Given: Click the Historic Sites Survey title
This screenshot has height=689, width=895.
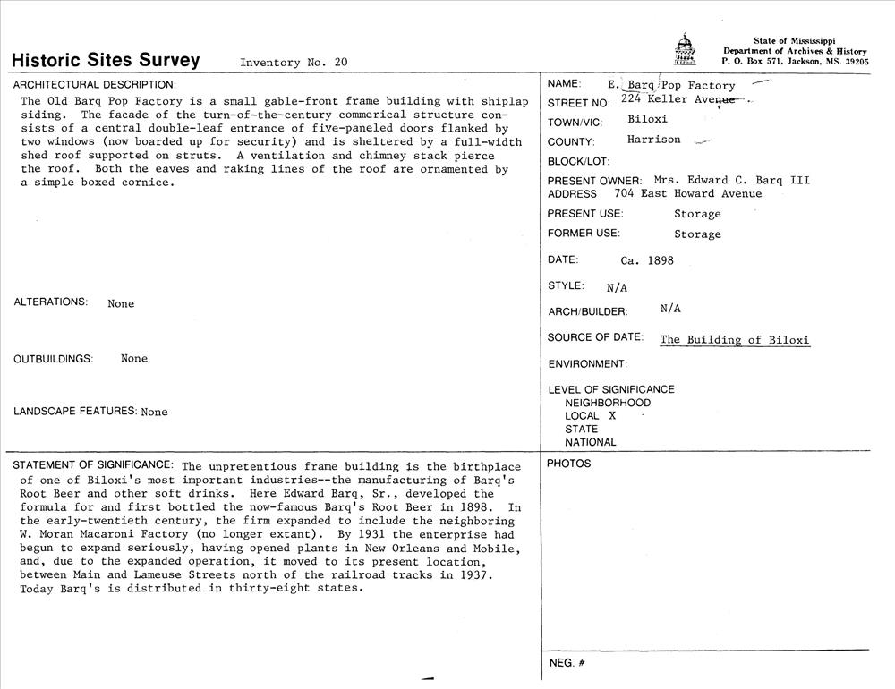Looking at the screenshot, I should [x=106, y=60].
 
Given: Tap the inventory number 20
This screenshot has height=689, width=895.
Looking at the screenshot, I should [x=340, y=63].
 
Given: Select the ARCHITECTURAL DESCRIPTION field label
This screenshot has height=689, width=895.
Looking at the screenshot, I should [x=94, y=85].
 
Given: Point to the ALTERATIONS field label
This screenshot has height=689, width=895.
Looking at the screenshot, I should [x=51, y=302].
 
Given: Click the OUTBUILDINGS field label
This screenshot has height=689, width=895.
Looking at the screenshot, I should [x=54, y=359].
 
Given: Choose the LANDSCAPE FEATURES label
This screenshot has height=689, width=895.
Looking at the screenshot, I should [x=75, y=412].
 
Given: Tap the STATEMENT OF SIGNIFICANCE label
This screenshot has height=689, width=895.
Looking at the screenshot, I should [x=93, y=464].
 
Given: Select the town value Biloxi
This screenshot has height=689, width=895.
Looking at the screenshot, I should [x=647, y=119].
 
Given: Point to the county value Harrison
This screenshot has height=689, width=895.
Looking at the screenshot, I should [x=653, y=140].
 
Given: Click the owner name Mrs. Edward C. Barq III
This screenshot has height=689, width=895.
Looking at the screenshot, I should [x=731, y=180].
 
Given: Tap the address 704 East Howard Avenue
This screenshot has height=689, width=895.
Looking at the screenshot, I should [x=687, y=193].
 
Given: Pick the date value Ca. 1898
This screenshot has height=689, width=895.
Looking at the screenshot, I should [x=646, y=261].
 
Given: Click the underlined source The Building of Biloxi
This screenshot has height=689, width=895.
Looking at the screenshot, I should [x=734, y=340].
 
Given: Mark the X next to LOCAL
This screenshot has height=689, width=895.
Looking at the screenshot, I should [x=612, y=416].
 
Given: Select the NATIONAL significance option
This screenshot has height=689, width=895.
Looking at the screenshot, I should [x=590, y=442].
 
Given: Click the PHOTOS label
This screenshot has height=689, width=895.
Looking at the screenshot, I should [x=569, y=464].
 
